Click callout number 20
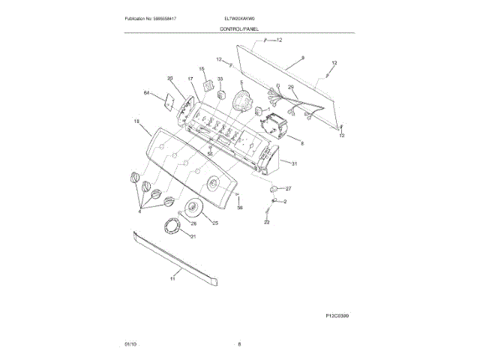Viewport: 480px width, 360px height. (x=169, y=79)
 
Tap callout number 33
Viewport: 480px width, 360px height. (x=220, y=79)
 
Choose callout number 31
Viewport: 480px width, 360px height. (x=295, y=163)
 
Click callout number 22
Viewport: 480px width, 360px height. (x=266, y=223)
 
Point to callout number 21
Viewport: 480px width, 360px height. (x=193, y=237)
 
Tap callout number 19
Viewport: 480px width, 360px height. (x=137, y=121)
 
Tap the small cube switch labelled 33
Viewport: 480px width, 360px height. (x=221, y=94)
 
